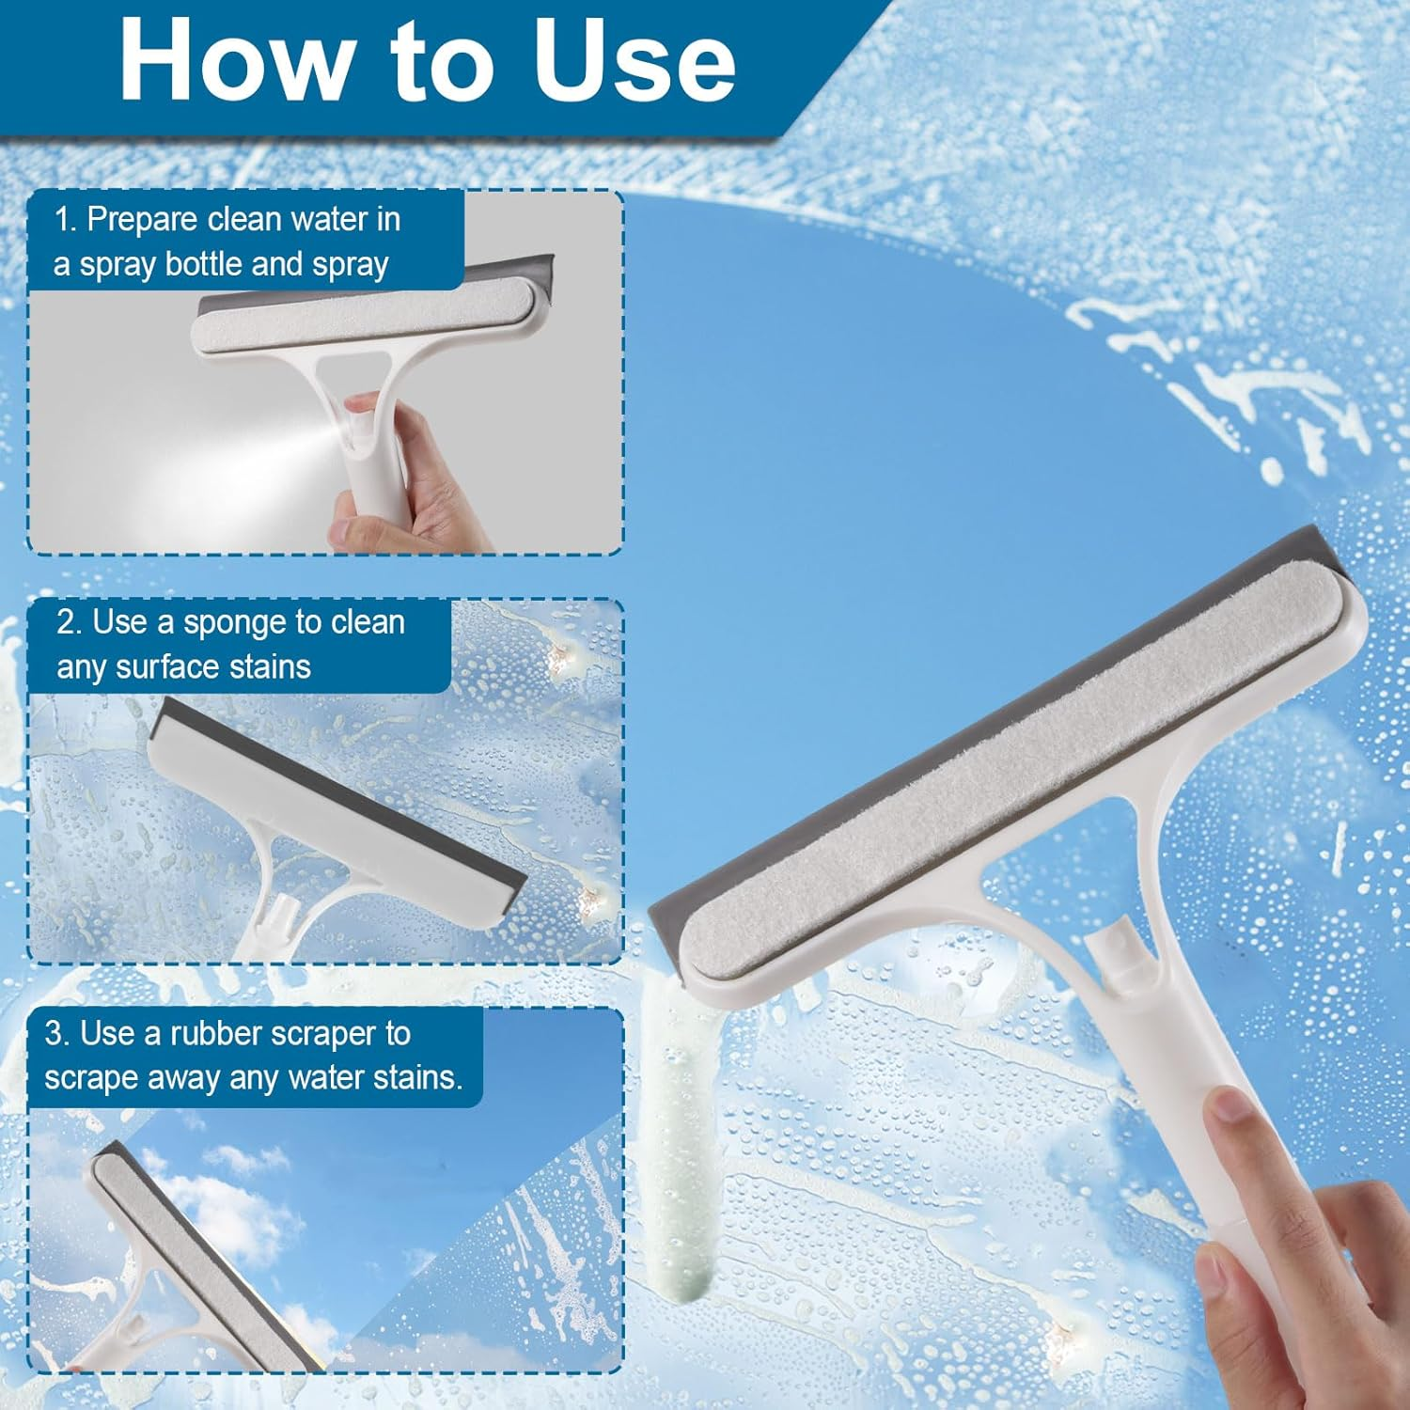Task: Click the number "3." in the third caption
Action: (56, 1034)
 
